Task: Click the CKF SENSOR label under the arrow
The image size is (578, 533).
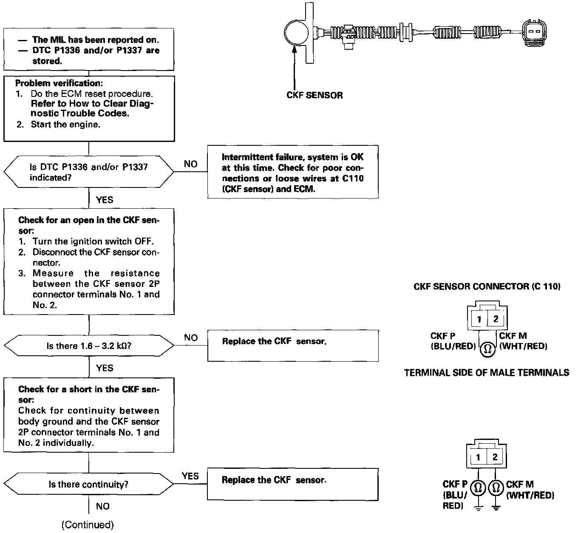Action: [x=314, y=95]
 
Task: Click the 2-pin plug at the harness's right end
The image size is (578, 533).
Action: [x=533, y=31]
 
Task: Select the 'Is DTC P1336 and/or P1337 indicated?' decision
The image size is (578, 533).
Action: [x=88, y=172]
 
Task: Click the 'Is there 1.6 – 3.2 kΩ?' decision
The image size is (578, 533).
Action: [x=88, y=346]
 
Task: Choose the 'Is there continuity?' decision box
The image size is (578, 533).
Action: [x=88, y=484]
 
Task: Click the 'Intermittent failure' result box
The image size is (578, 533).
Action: [x=292, y=173]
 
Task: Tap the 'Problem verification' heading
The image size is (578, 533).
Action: [x=59, y=83]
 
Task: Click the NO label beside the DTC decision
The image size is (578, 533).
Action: [x=190, y=164]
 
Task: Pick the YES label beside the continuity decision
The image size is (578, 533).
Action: [x=190, y=476]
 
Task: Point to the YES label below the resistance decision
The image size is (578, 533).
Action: [x=105, y=368]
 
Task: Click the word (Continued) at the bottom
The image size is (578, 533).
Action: [x=88, y=525]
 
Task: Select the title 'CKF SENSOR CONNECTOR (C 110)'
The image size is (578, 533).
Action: [x=487, y=286]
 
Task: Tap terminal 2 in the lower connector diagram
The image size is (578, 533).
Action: [x=495, y=457]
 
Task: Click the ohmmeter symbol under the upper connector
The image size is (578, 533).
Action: [x=487, y=349]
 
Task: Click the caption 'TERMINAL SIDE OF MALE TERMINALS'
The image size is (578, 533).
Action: [x=487, y=373]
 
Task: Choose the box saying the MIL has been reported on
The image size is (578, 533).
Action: [x=88, y=50]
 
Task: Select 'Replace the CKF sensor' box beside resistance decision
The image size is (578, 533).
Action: [x=292, y=345]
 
